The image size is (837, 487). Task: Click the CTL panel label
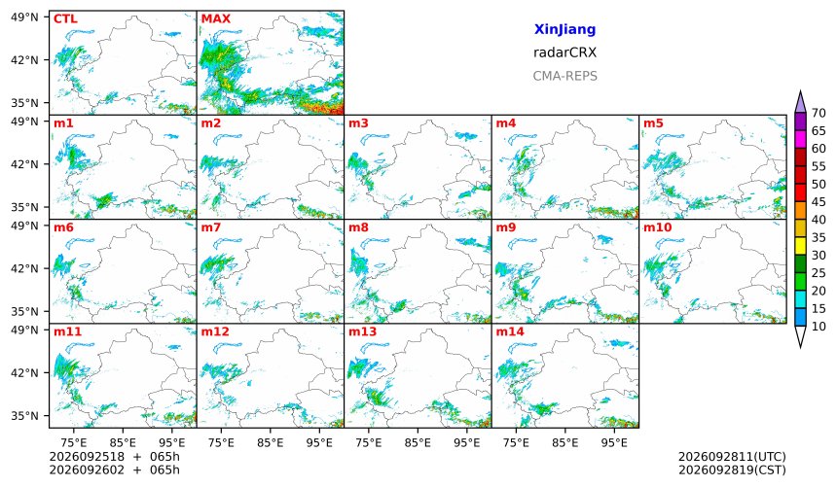pos(65,19)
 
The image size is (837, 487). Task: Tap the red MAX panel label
pos(216,19)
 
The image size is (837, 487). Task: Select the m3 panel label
pos(358,123)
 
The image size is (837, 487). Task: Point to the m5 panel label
pos(653,123)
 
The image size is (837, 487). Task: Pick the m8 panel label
pos(358,227)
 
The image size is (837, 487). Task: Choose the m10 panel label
pos(657,227)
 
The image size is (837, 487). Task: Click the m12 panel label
pos(214,331)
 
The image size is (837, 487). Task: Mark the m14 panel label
pos(510,331)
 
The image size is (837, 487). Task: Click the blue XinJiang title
pos(564,29)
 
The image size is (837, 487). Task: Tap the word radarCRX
pos(564,52)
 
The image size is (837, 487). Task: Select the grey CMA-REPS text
pos(564,76)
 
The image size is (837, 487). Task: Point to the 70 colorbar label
pos(819,113)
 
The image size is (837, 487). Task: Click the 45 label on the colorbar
pos(819,202)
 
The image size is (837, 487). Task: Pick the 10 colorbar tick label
pos(819,327)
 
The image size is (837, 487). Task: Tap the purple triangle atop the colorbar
pos(800,101)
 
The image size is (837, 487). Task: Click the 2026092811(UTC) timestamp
pos(732,457)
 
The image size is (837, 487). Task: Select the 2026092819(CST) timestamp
pos(732,470)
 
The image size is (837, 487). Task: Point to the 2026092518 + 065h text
pos(114,457)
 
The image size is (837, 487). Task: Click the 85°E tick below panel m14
pos(564,442)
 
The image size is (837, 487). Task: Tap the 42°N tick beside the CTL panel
pos(24,59)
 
